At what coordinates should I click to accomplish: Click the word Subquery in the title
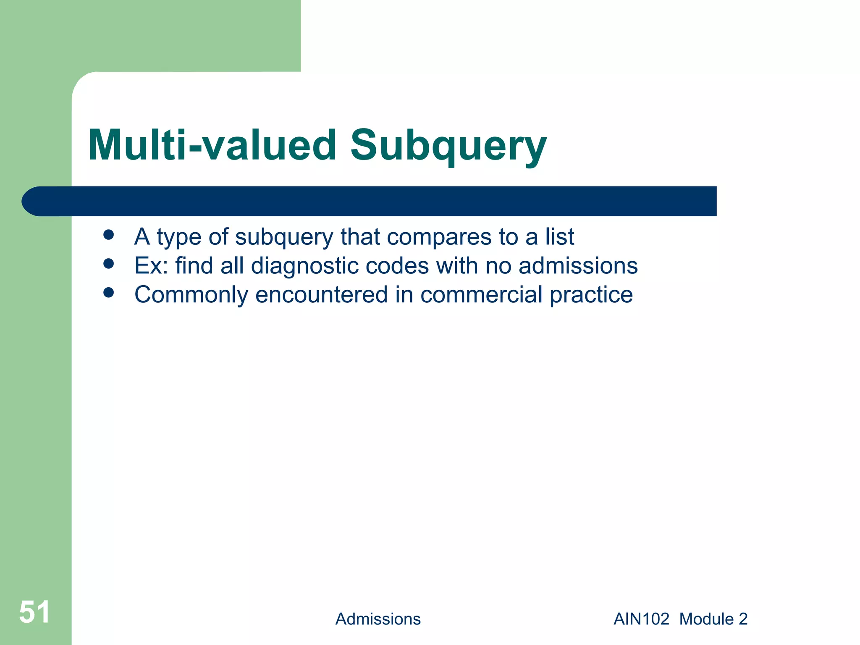coord(448,146)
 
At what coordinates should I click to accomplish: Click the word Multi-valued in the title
coord(212,146)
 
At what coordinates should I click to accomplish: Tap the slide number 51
coord(34,612)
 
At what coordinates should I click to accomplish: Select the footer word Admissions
coord(378,619)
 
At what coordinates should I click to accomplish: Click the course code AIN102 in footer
coord(641,619)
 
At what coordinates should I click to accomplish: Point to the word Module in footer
coord(706,619)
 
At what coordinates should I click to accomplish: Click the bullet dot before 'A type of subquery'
coord(109,235)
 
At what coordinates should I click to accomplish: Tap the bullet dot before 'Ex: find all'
coord(109,264)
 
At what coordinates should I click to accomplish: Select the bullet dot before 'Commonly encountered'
coord(109,292)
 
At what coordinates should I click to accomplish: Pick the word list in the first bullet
coord(559,237)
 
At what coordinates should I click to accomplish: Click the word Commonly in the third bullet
coord(191,295)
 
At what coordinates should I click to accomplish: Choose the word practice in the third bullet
coord(591,295)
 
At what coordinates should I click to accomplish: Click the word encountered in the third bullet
coord(321,295)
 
